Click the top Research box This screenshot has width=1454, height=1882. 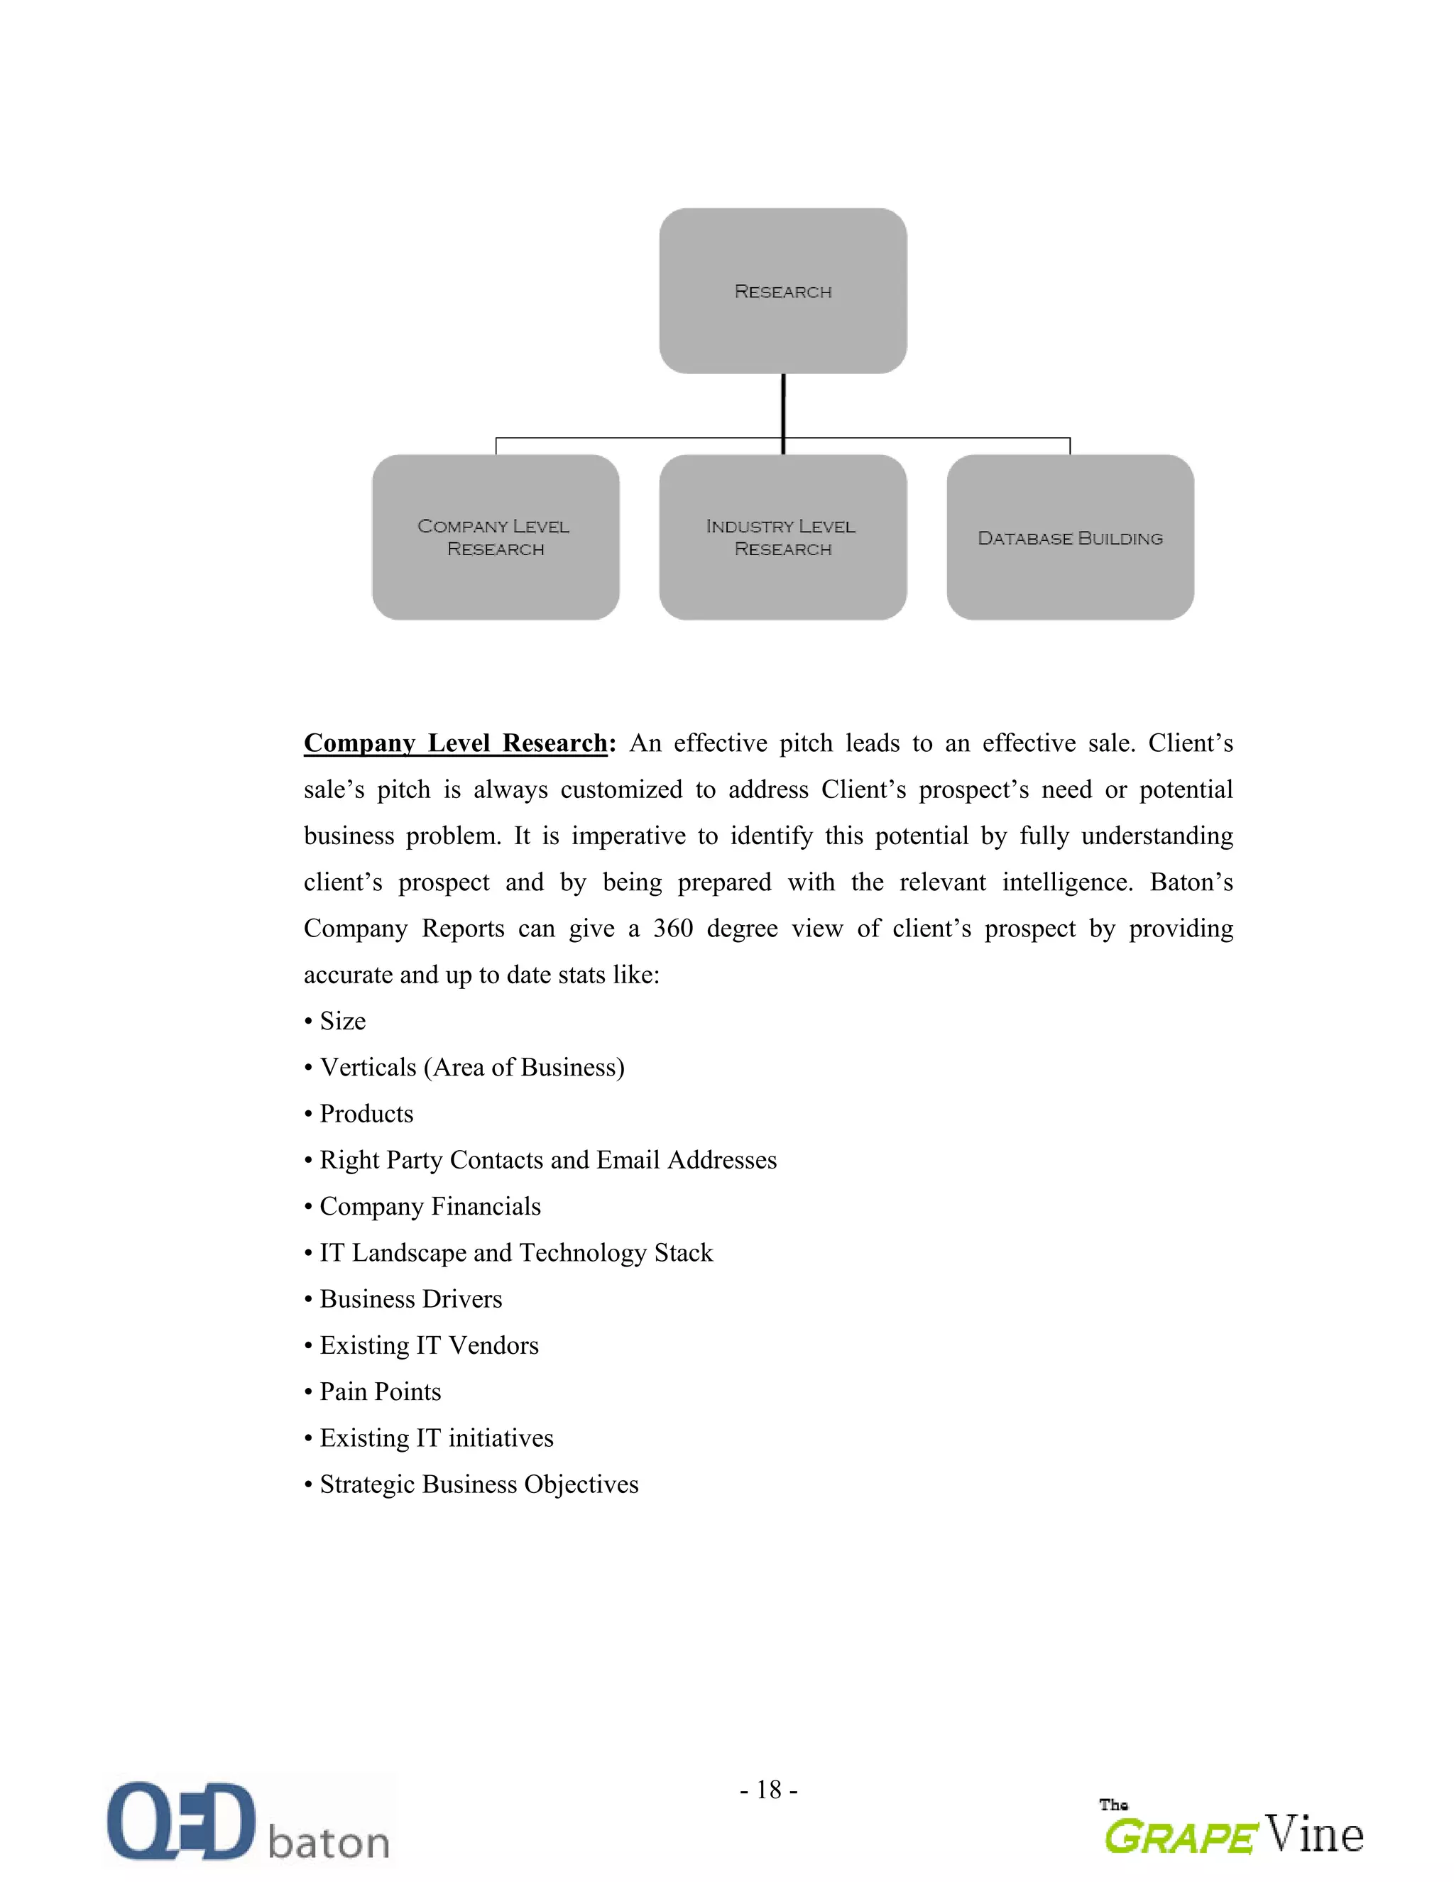coord(782,290)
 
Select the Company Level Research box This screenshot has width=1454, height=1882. coord(496,537)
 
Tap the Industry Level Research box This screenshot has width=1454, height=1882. coord(782,537)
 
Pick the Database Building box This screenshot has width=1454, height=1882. coord(1070,537)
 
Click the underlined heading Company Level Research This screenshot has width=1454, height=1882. coord(455,743)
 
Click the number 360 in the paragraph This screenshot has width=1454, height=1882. coord(672,928)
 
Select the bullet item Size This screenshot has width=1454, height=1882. coord(342,1021)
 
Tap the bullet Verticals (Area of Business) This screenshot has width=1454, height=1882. coord(471,1068)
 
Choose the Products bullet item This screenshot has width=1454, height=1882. coord(366,1114)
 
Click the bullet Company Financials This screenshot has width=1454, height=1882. coord(430,1206)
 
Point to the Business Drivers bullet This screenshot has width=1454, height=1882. coord(410,1298)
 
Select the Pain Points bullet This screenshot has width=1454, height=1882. coord(380,1391)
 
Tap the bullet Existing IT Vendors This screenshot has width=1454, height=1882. coord(428,1345)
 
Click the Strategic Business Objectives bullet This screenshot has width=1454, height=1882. coord(479,1484)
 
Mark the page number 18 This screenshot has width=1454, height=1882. coord(768,1790)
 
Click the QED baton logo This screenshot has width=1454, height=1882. coord(248,1822)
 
